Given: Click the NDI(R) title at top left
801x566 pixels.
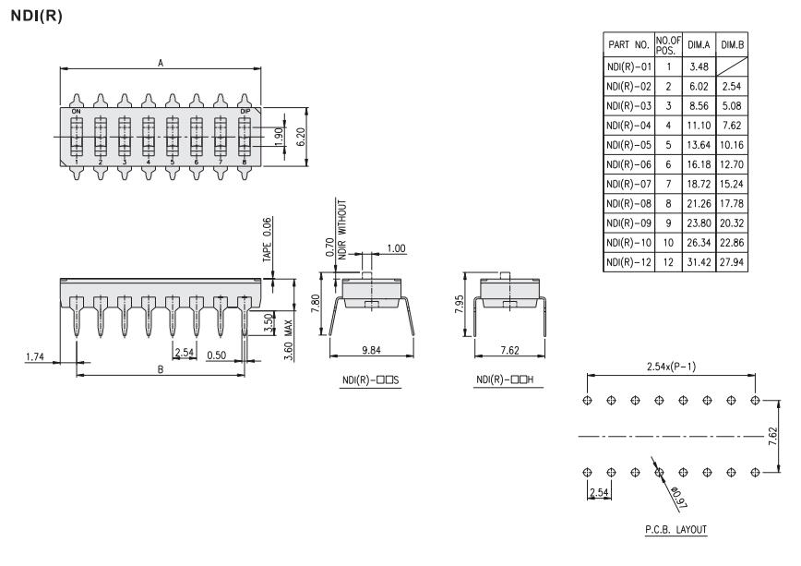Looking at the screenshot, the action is tap(36, 16).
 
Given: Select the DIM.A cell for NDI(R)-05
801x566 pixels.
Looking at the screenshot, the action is tap(699, 145).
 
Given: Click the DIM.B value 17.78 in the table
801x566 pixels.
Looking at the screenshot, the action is tap(732, 203).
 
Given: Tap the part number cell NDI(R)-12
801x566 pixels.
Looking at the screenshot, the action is tap(628, 262).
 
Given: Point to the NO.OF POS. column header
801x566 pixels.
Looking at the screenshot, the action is tap(668, 45).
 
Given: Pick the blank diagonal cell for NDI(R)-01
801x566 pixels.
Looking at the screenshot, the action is tap(732, 66).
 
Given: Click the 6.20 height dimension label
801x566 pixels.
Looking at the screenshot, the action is tap(301, 137).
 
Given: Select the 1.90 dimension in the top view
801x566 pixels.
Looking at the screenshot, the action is tap(279, 137).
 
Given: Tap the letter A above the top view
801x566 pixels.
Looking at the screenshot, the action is tap(161, 63).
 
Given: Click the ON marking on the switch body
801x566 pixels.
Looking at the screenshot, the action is tap(76, 112).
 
